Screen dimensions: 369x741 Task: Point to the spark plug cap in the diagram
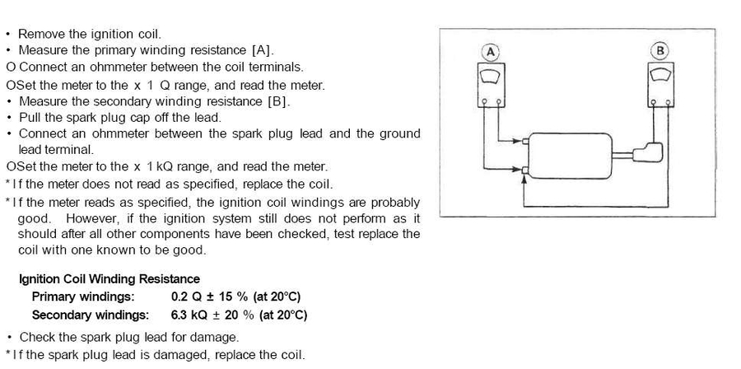(650, 153)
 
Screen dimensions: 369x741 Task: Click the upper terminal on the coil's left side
(524, 142)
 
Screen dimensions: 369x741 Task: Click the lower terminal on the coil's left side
(524, 170)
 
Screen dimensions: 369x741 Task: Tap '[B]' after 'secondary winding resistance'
(279, 101)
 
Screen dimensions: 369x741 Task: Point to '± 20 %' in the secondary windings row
(235, 315)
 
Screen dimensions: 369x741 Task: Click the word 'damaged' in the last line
(200, 355)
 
